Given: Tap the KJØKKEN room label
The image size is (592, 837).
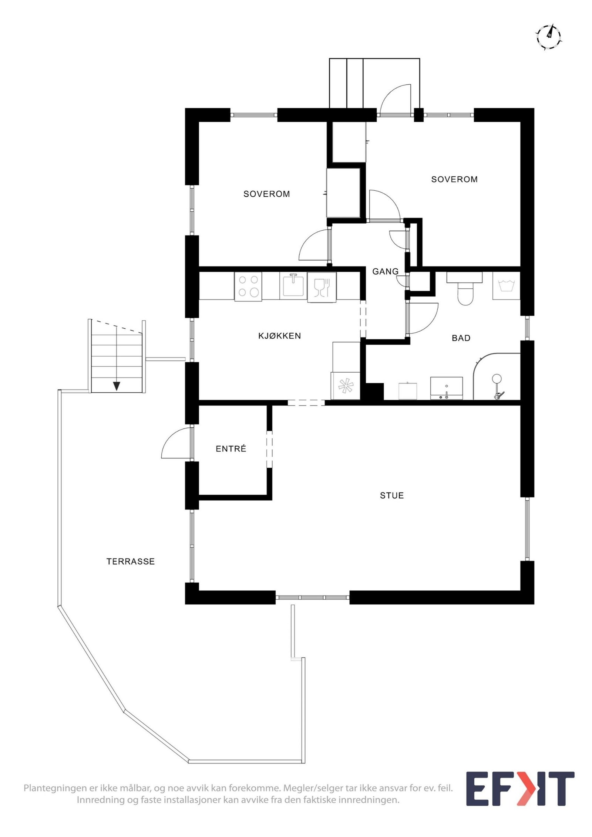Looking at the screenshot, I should pyautogui.click(x=279, y=336).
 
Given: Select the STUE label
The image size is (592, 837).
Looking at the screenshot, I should pyautogui.click(x=391, y=495).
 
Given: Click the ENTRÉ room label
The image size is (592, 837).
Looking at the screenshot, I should pyautogui.click(x=231, y=449).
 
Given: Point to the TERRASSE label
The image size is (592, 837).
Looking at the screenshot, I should pyautogui.click(x=131, y=562).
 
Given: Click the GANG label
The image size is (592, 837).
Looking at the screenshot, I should pyautogui.click(x=385, y=271).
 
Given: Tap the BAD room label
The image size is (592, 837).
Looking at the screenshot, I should pyautogui.click(x=461, y=338).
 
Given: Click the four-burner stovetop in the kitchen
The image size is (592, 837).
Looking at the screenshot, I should pyautogui.click(x=248, y=286).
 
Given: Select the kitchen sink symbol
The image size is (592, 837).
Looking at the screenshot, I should pyautogui.click(x=293, y=285).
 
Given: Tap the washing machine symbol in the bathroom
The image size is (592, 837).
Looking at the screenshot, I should pyautogui.click(x=506, y=286).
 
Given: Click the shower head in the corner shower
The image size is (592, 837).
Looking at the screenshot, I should pyautogui.click(x=496, y=379).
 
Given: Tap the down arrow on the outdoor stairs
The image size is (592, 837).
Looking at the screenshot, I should pyautogui.click(x=117, y=386).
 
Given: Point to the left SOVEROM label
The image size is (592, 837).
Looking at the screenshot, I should pyautogui.click(x=266, y=194).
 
